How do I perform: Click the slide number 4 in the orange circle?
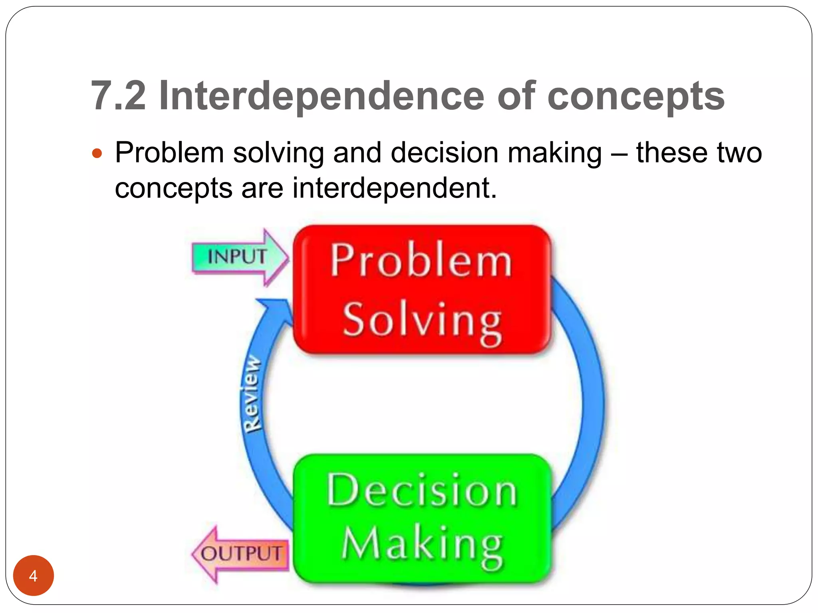coord(33,576)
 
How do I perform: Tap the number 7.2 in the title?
coord(118,96)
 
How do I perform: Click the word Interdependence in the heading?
coord(322,96)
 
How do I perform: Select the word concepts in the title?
coord(636,97)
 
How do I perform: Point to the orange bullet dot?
coord(97,153)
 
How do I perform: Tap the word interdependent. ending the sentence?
coord(395,188)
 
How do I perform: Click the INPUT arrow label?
coord(237,257)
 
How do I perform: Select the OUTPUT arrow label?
coord(241,554)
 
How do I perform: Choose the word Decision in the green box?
coord(422,491)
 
